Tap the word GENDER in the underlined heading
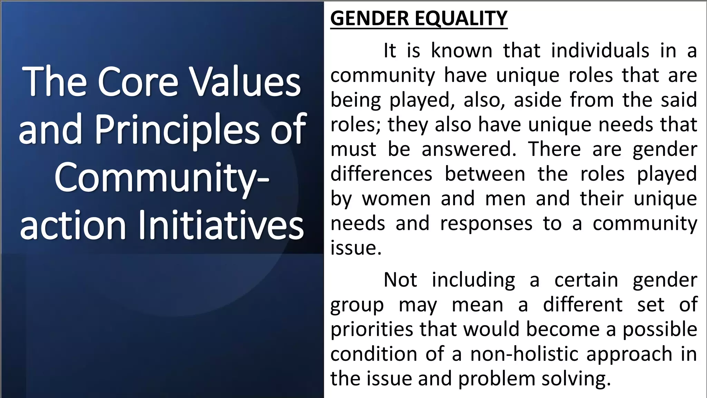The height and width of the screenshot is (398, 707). tap(370, 18)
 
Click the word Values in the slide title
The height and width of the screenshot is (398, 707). tap(245, 82)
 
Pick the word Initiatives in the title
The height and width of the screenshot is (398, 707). tap(221, 225)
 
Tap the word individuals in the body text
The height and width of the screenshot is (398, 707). tap(600, 51)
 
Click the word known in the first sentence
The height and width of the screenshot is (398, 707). tap(462, 51)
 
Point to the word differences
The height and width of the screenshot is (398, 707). tap(381, 174)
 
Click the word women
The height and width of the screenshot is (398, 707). tap(396, 199)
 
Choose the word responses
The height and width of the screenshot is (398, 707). tap(486, 224)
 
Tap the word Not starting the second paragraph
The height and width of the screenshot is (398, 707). tap(400, 279)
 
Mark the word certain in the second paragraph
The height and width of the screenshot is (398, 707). tap(586, 279)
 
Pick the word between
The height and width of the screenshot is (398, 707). tap(485, 174)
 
